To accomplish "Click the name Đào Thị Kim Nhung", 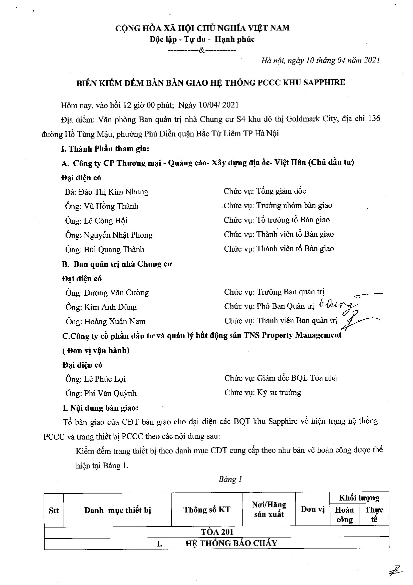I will click(116, 192).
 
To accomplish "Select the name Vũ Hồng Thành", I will click(111, 206).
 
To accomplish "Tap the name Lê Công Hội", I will click(106, 221).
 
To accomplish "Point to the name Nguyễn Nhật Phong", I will click(118, 235).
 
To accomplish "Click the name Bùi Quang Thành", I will click(114, 249).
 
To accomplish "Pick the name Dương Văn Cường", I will click(116, 293).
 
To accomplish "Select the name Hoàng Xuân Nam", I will click(115, 322).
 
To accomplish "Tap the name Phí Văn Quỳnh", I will click(110, 394).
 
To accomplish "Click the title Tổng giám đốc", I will click(281, 191).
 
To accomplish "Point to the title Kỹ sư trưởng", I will click(279, 393).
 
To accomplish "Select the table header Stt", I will click(54, 511).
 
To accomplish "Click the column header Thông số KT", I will click(206, 510).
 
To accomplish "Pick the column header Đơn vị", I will click(312, 509).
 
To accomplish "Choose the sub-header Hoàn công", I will click(344, 515).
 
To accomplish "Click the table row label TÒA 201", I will click(217, 532).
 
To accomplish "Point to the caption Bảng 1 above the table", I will click(230, 479).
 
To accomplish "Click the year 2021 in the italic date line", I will click(372, 60).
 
